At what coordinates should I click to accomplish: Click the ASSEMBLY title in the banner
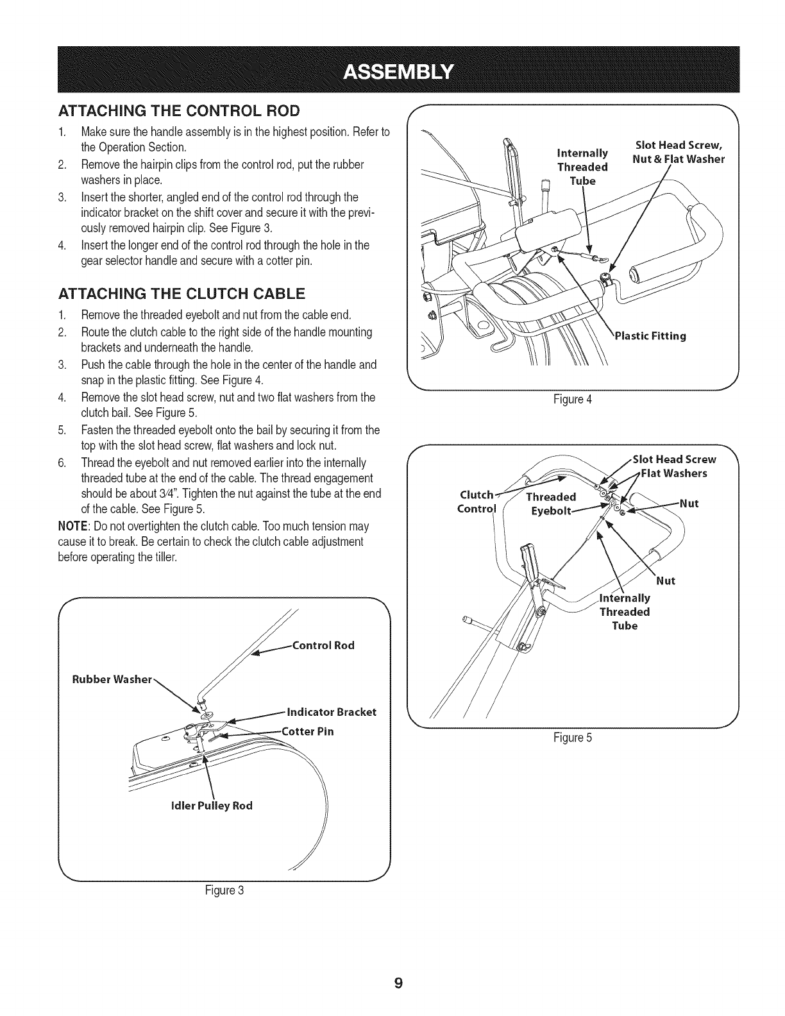398,70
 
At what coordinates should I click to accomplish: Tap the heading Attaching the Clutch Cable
181,294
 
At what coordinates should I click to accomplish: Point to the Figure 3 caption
224,890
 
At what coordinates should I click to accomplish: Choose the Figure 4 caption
573,400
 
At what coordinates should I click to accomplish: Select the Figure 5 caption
573,737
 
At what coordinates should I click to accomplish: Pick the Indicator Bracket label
331,712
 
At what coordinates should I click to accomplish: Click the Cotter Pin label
308,731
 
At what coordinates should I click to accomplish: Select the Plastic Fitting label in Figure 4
650,335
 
